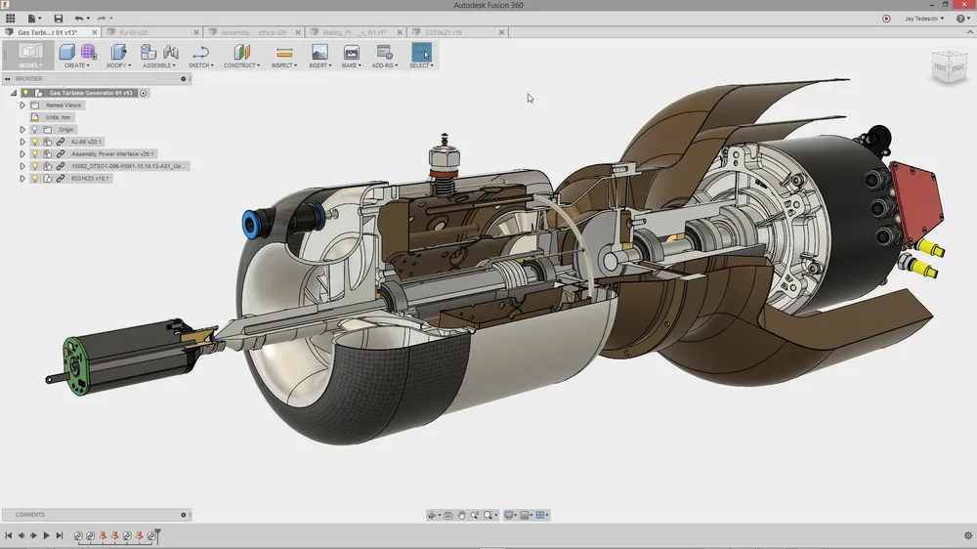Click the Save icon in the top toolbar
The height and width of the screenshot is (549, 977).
(x=59, y=18)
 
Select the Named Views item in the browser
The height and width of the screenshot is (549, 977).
(x=64, y=105)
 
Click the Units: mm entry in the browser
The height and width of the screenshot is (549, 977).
(x=59, y=117)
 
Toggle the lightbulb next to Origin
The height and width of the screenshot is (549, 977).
(x=34, y=129)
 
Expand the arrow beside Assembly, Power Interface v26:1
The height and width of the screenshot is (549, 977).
(x=22, y=153)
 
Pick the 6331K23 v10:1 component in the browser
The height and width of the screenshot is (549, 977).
(x=90, y=179)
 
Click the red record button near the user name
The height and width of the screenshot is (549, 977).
(x=886, y=18)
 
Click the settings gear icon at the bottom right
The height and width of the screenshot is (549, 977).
(x=967, y=535)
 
